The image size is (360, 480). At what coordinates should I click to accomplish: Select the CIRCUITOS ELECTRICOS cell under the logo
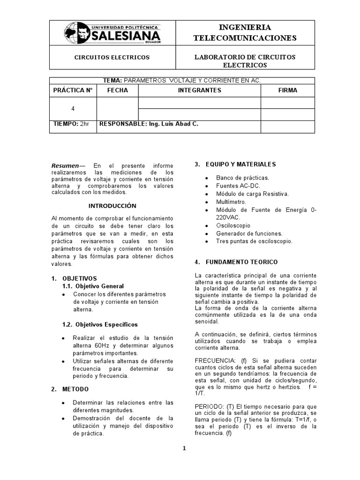[x=112, y=57]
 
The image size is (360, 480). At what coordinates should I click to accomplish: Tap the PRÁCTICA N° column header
[x=73, y=90]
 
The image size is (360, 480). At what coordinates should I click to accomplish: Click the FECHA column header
[x=117, y=90]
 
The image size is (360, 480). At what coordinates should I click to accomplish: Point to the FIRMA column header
[x=287, y=90]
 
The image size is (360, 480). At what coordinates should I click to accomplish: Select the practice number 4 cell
[x=73, y=108]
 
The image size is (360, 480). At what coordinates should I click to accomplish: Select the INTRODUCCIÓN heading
[x=112, y=206]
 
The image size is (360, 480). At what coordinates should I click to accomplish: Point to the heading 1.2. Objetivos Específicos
[x=100, y=324]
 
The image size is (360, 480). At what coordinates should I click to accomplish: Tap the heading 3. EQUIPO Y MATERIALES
[x=235, y=164]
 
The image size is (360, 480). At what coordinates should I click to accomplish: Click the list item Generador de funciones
[x=249, y=233]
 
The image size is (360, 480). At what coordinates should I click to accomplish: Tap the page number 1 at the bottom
[x=184, y=448]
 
